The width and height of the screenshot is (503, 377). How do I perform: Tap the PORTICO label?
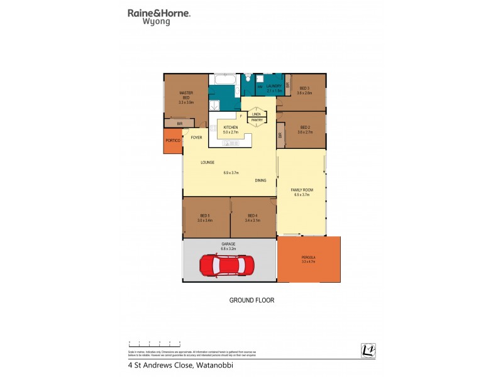click(173, 141)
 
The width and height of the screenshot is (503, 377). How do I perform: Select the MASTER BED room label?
click(185, 96)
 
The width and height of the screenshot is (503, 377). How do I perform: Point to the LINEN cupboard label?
click(256, 114)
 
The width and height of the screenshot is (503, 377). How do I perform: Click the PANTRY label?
click(257, 119)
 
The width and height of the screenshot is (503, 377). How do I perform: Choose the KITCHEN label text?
click(231, 128)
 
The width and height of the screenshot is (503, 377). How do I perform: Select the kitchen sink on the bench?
click(228, 143)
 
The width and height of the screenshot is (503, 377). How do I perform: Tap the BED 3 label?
click(304, 87)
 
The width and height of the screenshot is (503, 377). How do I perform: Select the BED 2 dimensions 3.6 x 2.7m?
click(305, 132)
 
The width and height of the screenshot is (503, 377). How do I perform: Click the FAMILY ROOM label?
click(302, 190)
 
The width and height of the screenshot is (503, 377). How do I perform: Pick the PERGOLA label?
click(308, 257)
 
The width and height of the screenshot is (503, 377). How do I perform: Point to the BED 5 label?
click(205, 216)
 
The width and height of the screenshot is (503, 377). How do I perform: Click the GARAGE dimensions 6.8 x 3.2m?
click(228, 249)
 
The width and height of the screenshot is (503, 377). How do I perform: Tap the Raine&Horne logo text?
click(159, 13)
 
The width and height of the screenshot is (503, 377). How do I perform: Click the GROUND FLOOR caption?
click(251, 300)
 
